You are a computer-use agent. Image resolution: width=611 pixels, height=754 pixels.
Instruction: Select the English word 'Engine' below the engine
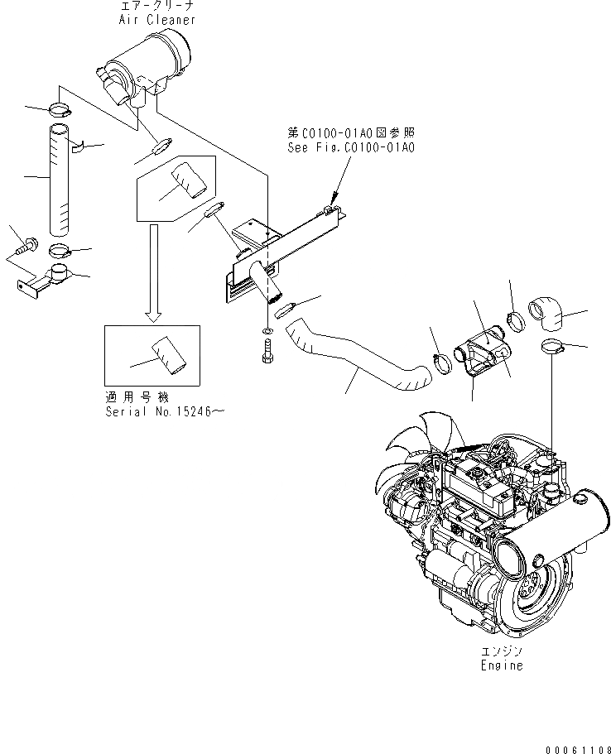click(502, 665)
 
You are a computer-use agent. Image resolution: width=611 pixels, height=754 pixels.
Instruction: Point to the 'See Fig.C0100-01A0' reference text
click(350, 147)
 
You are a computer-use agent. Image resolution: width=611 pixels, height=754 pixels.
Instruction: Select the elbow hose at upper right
click(546, 315)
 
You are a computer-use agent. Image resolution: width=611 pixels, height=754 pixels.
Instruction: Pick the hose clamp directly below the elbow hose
click(549, 347)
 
